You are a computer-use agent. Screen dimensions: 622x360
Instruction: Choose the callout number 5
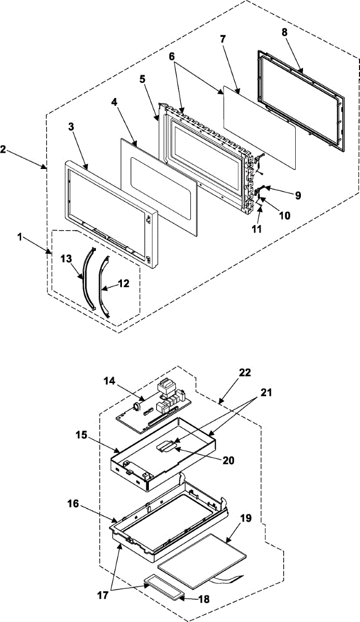142,80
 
